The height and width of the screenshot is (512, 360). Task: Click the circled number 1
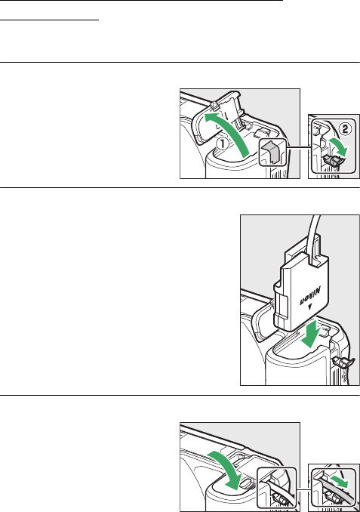(x=222, y=143)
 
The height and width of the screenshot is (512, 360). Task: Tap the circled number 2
(x=345, y=129)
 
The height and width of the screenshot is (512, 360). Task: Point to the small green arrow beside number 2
(x=340, y=147)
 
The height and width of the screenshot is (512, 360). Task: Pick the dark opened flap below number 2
(x=334, y=161)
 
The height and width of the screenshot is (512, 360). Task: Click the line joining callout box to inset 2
(x=297, y=147)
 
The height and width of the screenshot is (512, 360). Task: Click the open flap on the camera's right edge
(x=343, y=362)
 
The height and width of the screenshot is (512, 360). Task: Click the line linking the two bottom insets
(x=303, y=490)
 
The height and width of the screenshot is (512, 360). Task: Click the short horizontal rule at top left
(x=49, y=20)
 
